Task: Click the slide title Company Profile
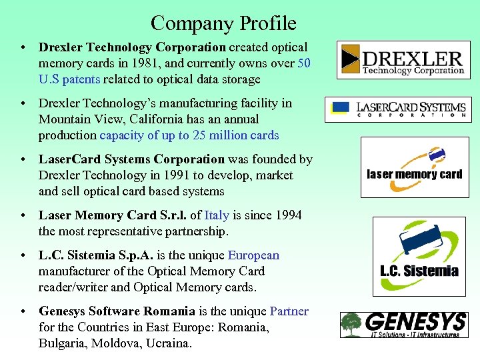[223, 24]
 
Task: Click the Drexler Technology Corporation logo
[403, 60]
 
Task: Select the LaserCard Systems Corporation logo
[398, 109]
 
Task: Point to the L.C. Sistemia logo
[419, 256]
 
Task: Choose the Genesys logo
[403, 325]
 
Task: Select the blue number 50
[304, 63]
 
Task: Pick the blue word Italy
[217, 215]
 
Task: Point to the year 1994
[288, 215]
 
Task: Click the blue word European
[253, 255]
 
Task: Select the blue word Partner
[289, 311]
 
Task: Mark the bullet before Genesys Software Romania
[23, 312]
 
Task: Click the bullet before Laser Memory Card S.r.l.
[23, 216]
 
